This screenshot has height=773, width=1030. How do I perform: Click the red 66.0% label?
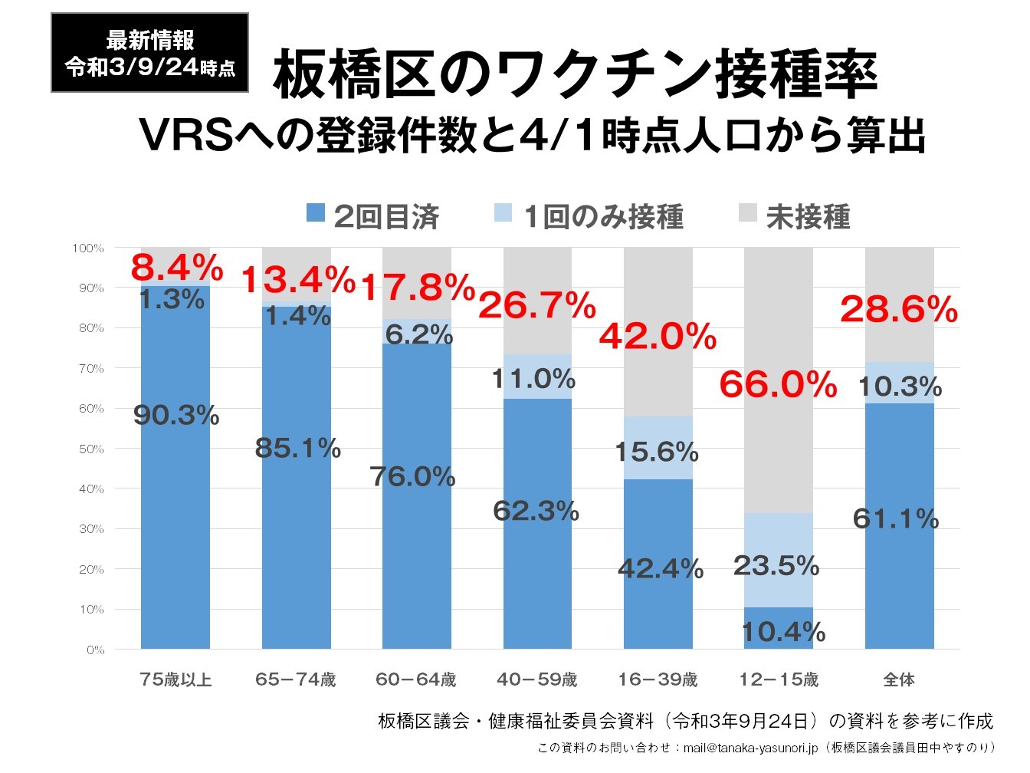(x=778, y=384)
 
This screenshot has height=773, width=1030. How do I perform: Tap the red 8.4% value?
(x=177, y=268)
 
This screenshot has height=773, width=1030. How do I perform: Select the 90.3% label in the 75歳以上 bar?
(x=176, y=416)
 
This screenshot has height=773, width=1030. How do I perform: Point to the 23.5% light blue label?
(x=776, y=566)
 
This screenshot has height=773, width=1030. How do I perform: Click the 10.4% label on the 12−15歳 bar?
(x=783, y=632)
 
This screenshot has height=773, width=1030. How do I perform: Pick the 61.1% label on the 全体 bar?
(x=896, y=519)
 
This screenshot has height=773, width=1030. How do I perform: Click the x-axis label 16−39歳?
(x=658, y=679)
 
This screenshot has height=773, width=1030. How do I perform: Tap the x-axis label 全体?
(x=899, y=679)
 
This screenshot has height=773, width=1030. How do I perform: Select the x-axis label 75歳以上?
(x=175, y=679)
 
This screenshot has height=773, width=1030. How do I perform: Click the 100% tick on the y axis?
(x=87, y=248)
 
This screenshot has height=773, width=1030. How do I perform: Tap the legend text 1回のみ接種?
(x=603, y=217)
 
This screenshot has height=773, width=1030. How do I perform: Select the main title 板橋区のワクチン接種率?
(x=575, y=74)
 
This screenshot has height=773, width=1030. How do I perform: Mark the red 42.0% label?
(x=658, y=337)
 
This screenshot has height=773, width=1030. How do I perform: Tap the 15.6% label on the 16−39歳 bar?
(x=657, y=452)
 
